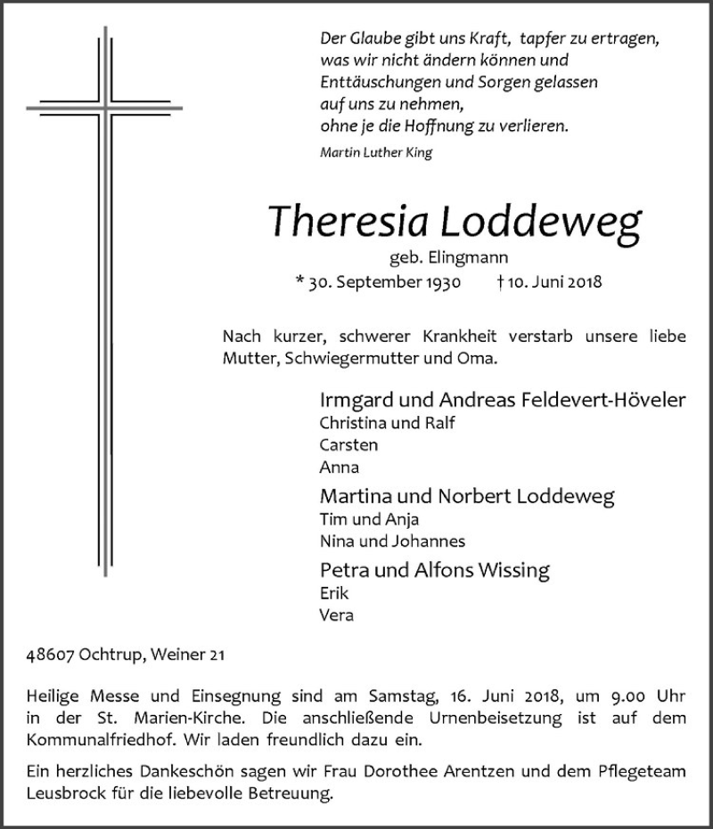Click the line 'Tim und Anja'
368,520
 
